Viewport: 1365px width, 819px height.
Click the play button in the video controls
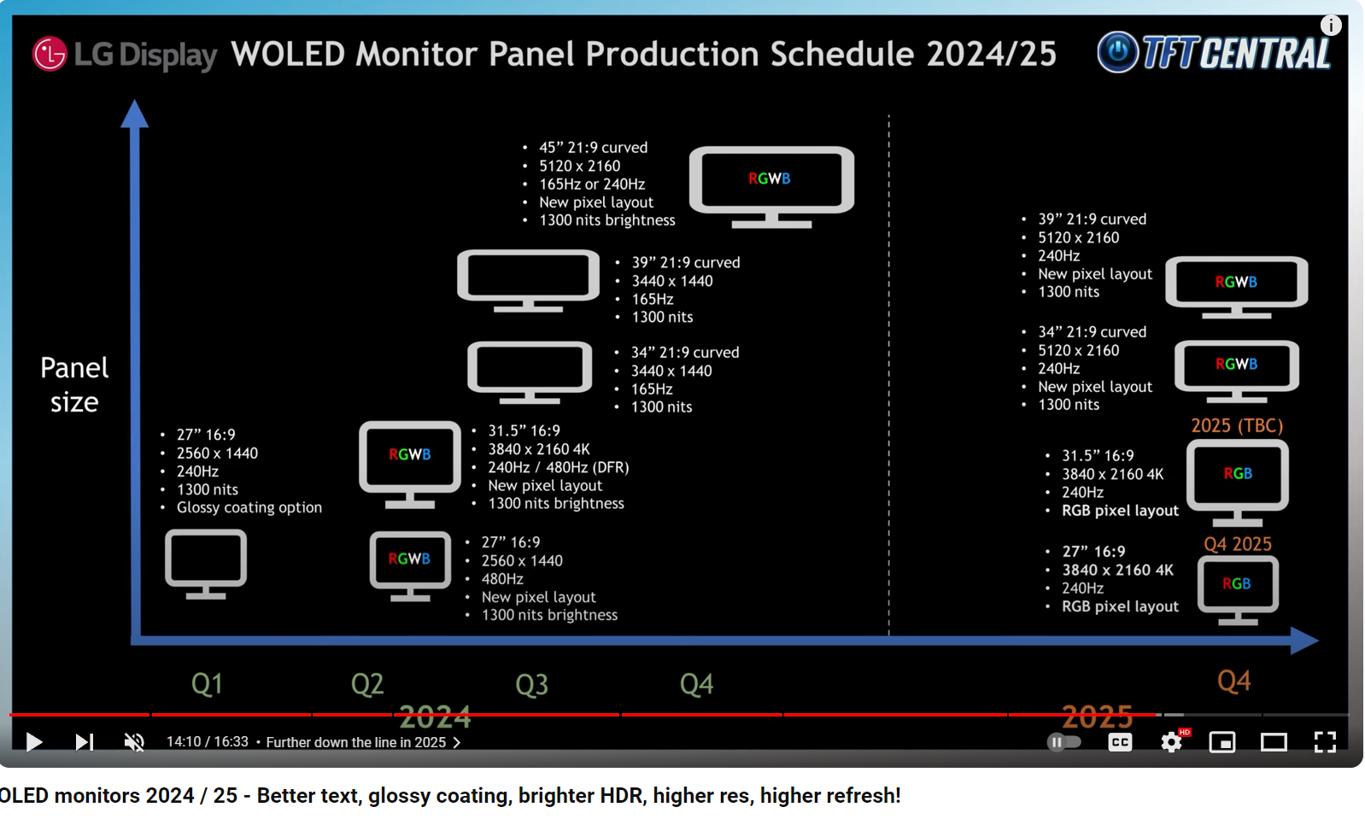(x=34, y=742)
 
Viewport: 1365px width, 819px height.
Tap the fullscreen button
(x=1325, y=742)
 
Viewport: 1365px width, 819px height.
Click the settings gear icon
(x=1171, y=742)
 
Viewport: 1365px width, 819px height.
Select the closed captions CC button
(x=1120, y=742)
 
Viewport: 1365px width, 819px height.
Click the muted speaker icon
(x=134, y=742)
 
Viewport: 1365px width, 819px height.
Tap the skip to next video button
(x=84, y=742)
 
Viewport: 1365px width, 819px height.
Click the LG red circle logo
(x=50, y=54)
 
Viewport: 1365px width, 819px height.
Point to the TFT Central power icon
(x=1117, y=52)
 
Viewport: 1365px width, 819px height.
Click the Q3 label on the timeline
(x=532, y=684)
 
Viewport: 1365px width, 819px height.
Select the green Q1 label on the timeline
(x=208, y=684)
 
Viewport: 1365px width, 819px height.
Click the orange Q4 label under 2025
(x=1234, y=681)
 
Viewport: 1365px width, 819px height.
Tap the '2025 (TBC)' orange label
(x=1237, y=425)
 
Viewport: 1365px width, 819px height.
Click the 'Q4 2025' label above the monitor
(x=1238, y=543)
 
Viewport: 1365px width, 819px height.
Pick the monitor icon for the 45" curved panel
(x=771, y=187)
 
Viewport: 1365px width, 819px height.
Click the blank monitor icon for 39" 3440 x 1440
(x=529, y=281)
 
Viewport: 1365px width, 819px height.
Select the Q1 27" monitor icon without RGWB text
(x=206, y=564)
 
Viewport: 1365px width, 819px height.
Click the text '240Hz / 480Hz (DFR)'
(x=558, y=467)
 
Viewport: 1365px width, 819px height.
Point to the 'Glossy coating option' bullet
(x=249, y=507)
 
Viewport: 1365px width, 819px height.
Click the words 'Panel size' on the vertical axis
(x=74, y=385)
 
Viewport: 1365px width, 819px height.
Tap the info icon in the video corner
(x=1331, y=26)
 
